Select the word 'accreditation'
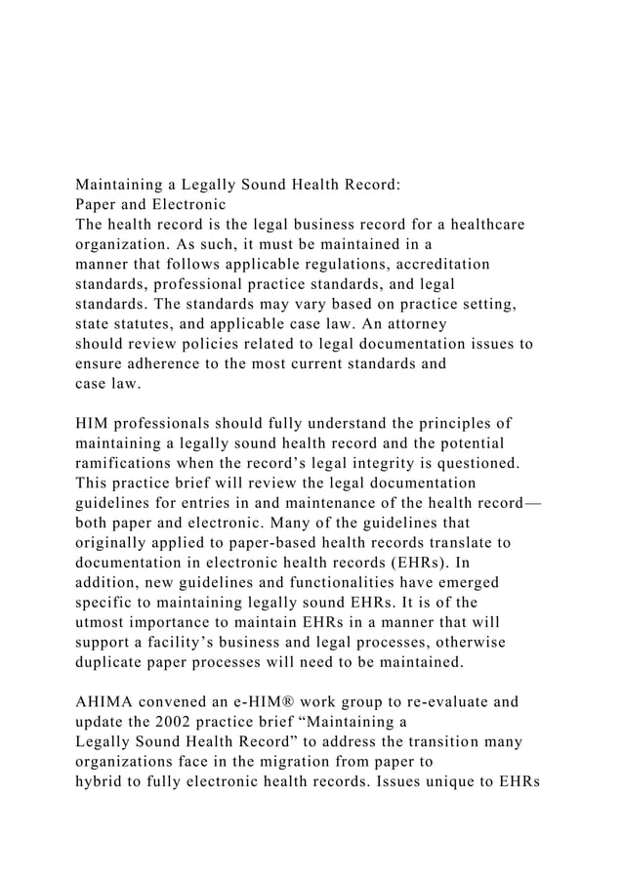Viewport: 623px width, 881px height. [x=438, y=265]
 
